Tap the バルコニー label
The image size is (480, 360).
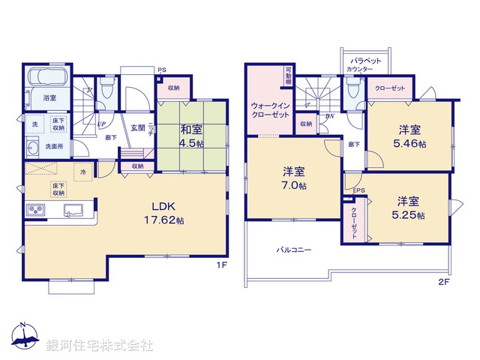click(294, 250)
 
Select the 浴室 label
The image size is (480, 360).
click(50, 98)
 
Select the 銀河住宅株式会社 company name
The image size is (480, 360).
click(100, 346)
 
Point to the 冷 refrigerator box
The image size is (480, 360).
click(84, 172)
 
